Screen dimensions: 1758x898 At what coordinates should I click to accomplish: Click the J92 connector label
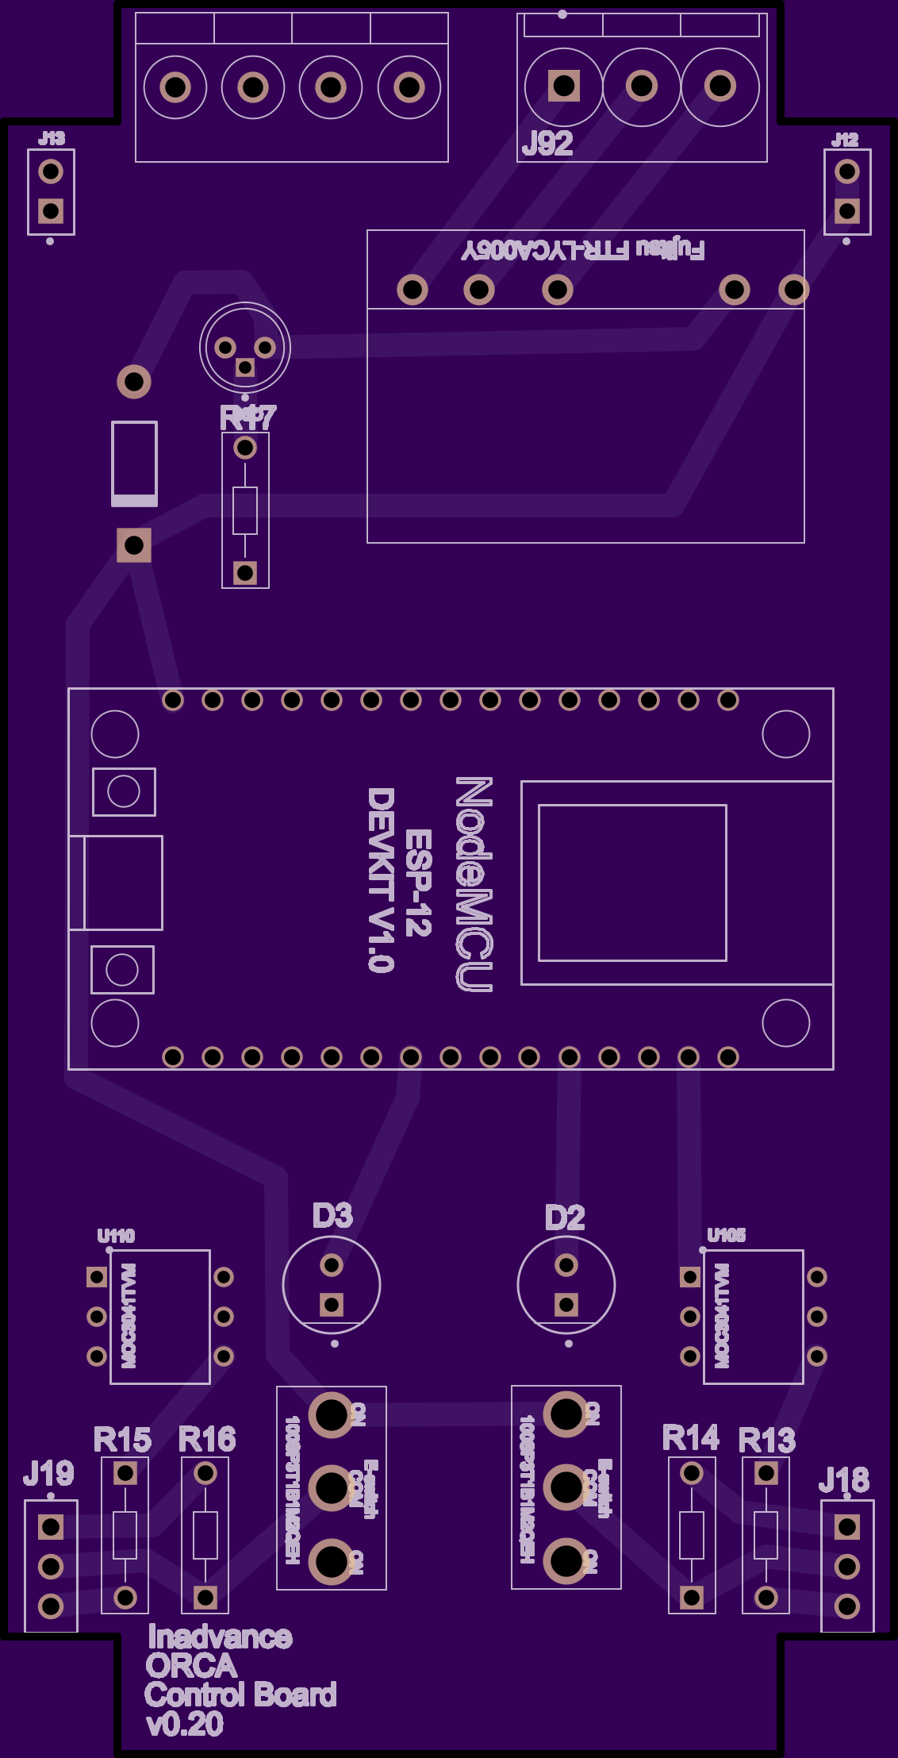[x=547, y=144]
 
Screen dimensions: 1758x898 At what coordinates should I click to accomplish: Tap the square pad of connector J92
[x=564, y=86]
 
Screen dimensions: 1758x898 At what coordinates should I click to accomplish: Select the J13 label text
[x=52, y=139]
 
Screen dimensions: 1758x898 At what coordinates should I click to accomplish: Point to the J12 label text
[x=845, y=140]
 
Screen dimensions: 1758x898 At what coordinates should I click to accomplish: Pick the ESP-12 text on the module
[x=418, y=883]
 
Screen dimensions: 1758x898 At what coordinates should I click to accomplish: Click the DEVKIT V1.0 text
[x=381, y=879]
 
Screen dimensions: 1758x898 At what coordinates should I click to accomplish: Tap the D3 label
[x=332, y=1216]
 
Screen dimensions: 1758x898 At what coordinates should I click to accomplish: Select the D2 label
[x=565, y=1218]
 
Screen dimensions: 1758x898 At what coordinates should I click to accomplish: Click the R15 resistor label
[x=122, y=1440]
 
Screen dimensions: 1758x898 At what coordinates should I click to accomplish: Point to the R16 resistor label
[x=207, y=1439]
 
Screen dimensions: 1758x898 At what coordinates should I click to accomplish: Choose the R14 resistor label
[x=691, y=1437]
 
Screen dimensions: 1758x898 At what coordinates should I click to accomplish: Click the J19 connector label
[x=48, y=1474]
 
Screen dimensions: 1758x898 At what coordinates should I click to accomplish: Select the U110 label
[x=116, y=1236]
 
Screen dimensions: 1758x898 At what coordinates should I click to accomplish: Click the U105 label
[x=726, y=1235]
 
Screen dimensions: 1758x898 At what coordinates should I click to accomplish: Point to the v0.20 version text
[x=185, y=1725]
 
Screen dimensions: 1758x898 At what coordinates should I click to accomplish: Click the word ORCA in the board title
[x=191, y=1666]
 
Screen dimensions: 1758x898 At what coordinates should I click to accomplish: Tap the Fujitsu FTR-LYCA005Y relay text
[x=583, y=250]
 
